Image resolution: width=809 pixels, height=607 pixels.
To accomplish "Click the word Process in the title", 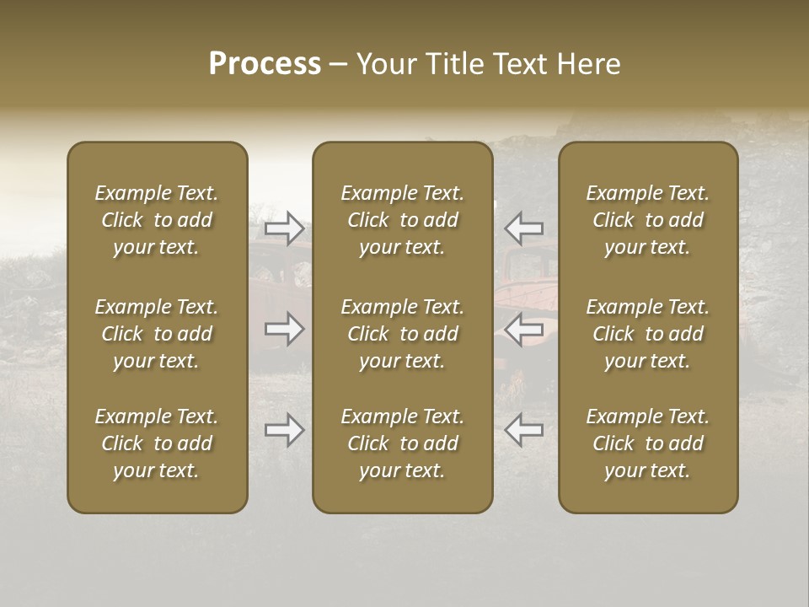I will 265,64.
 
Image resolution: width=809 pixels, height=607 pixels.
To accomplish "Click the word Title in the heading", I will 455,64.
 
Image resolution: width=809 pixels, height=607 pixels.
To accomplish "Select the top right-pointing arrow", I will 285,228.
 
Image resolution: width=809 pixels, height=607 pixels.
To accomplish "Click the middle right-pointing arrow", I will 285,330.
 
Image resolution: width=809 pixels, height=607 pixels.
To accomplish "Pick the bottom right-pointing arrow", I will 285,431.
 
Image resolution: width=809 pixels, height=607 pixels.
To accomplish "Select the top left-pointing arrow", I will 523,228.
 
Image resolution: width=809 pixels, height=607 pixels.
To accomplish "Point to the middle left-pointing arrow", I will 523,330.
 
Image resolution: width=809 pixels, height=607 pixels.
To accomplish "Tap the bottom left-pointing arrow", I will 523,431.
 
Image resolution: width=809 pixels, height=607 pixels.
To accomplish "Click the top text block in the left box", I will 157,220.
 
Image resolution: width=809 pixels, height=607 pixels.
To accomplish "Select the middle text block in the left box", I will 157,334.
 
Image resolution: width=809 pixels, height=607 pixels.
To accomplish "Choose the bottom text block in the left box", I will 157,443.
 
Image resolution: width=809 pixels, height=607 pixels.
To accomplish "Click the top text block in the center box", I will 403,220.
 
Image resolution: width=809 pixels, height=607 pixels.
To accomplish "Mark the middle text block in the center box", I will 403,334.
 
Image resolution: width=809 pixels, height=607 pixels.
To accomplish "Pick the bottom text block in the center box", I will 403,443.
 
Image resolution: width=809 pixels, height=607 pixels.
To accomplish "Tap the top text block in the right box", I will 648,220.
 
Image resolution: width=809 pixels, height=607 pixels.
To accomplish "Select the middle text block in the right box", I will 648,334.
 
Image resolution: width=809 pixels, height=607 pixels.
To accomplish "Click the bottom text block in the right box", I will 648,443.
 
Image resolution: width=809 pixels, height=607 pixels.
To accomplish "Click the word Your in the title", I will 388,64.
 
